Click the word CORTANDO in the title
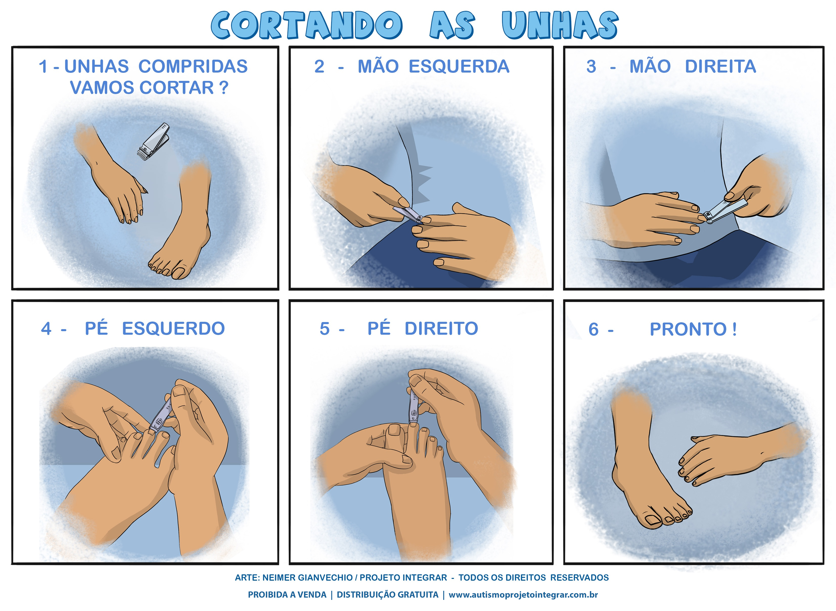click(x=306, y=25)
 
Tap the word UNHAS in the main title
click(x=560, y=25)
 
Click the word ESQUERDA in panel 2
click(x=459, y=66)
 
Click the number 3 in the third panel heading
click(x=591, y=66)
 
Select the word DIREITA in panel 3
click(x=720, y=66)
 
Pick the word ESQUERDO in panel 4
click(x=173, y=328)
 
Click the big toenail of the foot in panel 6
click(x=653, y=521)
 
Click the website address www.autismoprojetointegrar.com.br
click(x=523, y=595)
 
